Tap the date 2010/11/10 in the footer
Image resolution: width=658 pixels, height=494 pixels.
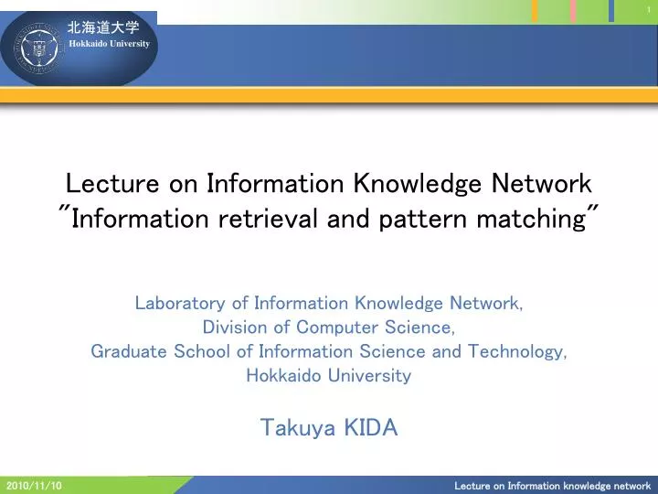click(34, 486)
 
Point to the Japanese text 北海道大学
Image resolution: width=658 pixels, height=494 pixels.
click(103, 28)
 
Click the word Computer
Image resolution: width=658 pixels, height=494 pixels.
click(336, 328)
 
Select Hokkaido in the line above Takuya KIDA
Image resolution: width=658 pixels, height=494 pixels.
click(282, 375)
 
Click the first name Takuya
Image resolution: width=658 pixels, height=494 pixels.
click(295, 427)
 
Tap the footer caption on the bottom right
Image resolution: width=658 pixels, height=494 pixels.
click(552, 486)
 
